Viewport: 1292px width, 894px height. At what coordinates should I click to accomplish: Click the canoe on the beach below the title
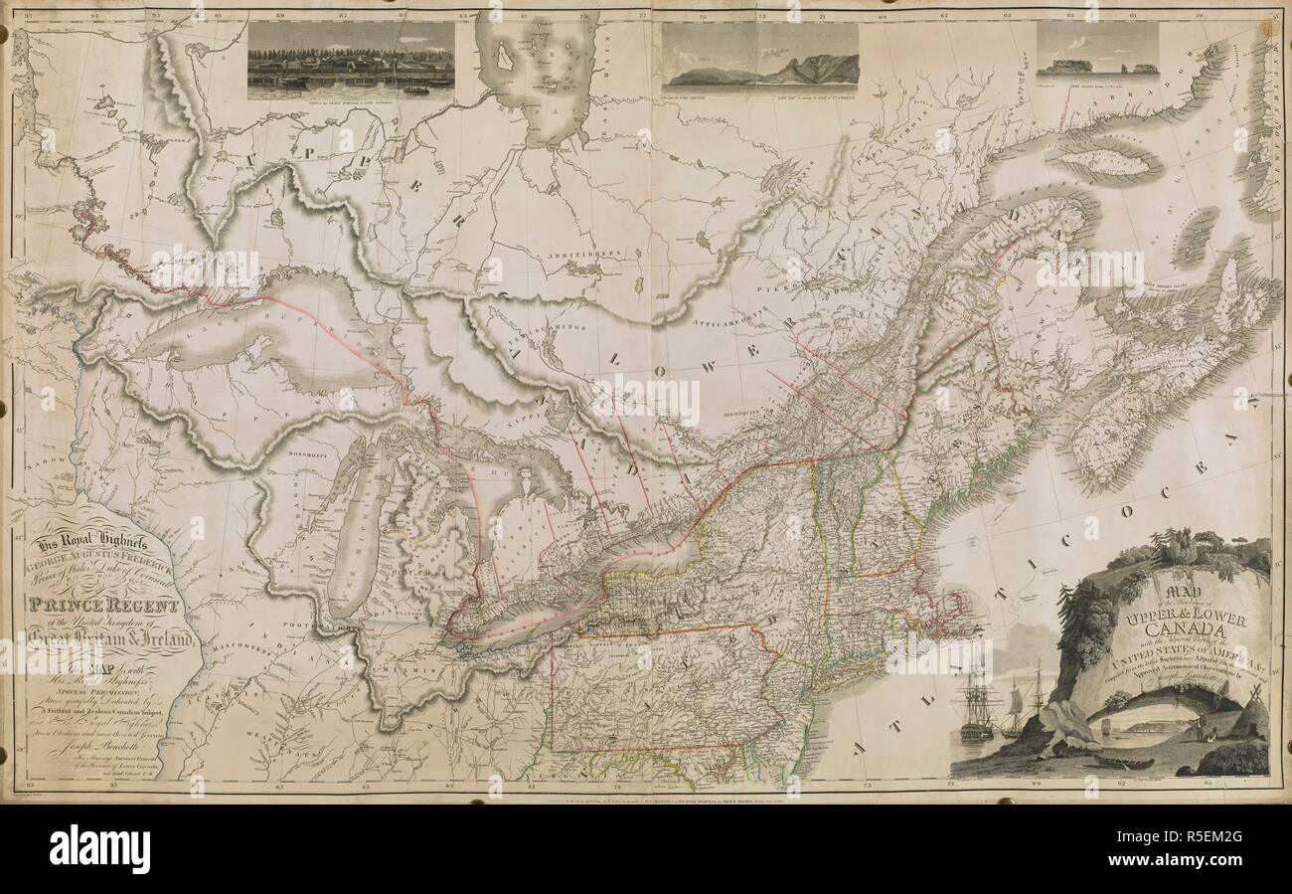point(1123,763)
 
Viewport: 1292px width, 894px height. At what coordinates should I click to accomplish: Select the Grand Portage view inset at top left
point(351,60)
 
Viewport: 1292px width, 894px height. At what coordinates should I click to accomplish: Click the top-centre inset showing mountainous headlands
point(760,55)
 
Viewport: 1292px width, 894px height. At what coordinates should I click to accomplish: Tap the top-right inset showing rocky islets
point(1097,50)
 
